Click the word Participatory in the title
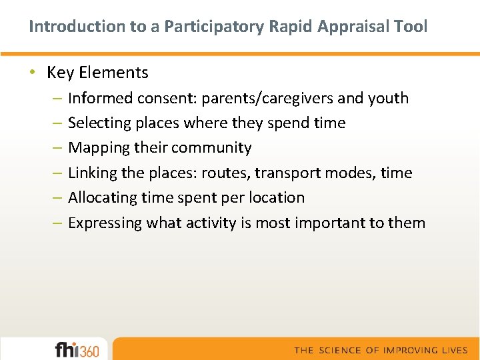click(x=218, y=27)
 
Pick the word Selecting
click(x=99, y=123)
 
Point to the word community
click(x=211, y=147)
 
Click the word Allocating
click(x=100, y=197)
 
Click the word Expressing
click(x=105, y=223)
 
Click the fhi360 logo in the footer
click(x=77, y=349)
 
